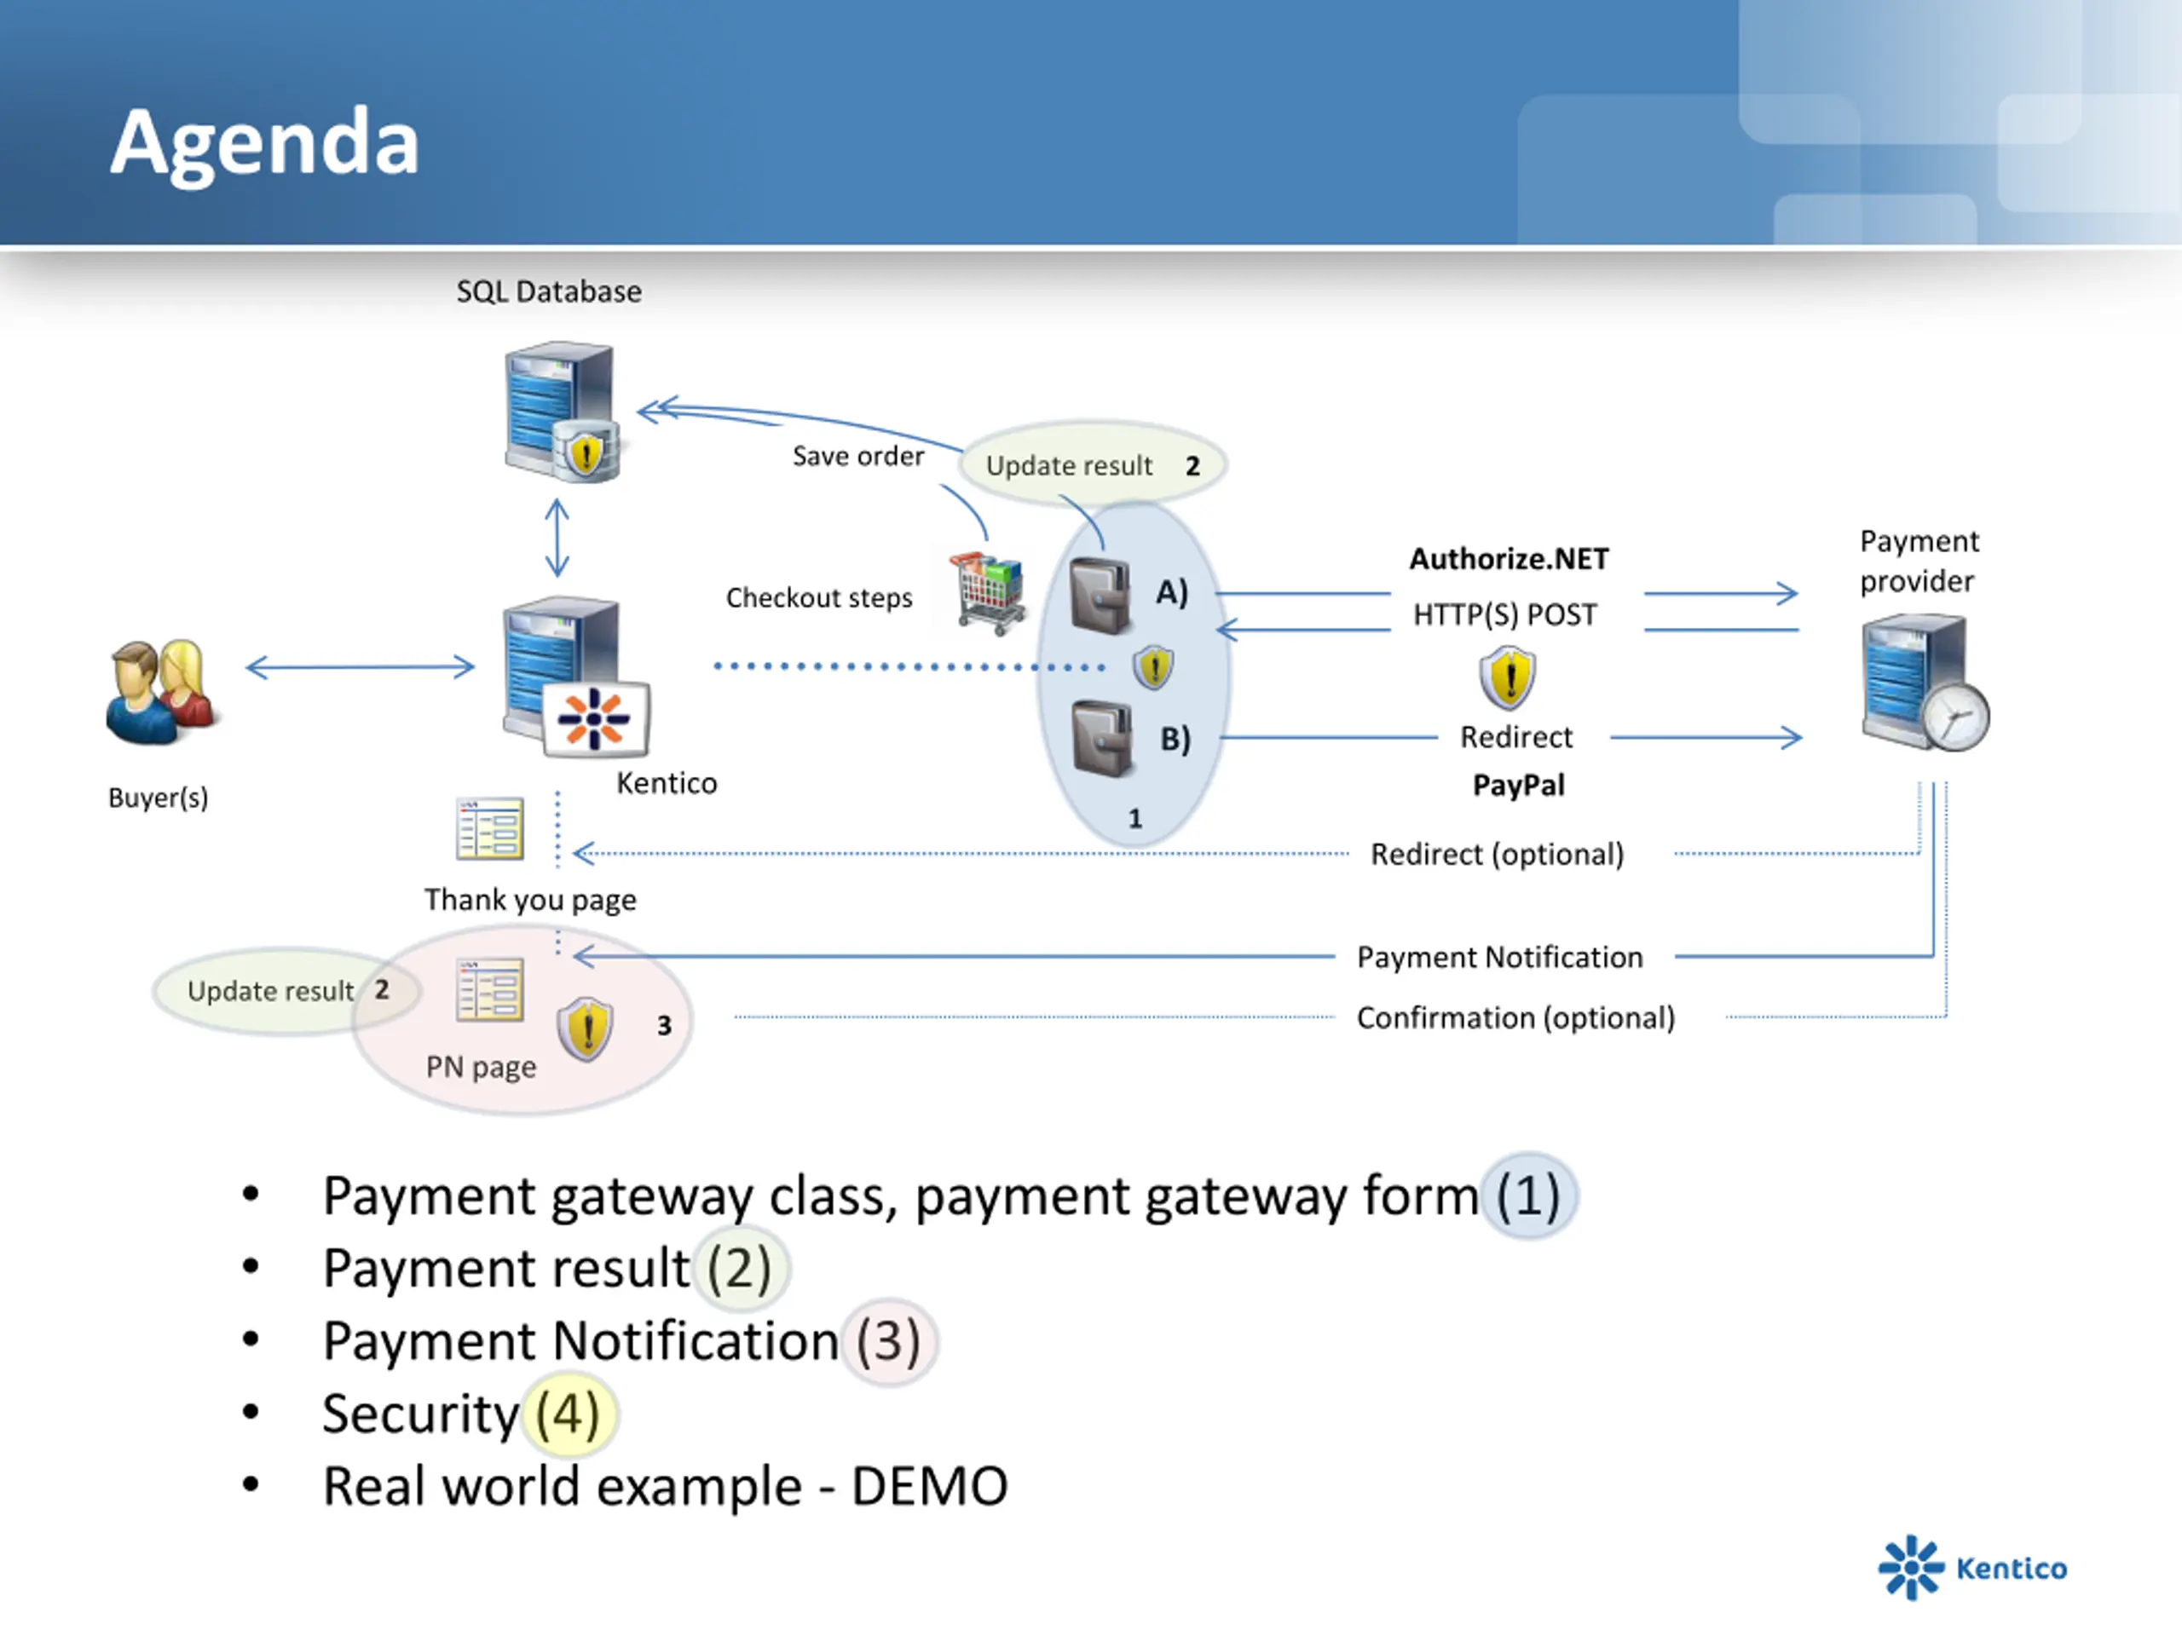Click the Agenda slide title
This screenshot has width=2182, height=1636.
(264, 144)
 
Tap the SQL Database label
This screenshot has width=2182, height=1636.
(548, 292)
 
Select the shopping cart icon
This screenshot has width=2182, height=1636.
(987, 593)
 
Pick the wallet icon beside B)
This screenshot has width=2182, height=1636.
(1102, 739)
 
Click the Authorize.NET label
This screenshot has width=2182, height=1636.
(1509, 559)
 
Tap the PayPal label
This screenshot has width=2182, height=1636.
(1518, 785)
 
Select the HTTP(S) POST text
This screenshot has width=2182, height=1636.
(1504, 615)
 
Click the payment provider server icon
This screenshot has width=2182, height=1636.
(1924, 683)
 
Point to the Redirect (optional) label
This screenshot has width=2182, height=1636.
(1497, 854)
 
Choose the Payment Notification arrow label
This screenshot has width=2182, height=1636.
(1499, 958)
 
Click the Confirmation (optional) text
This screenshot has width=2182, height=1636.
(1515, 1017)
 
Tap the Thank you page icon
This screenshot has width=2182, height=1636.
(489, 829)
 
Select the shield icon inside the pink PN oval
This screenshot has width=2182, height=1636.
(585, 1028)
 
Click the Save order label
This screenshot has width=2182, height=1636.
(858, 457)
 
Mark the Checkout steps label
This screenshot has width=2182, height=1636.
(819, 598)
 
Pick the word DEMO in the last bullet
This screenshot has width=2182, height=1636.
(929, 1486)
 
